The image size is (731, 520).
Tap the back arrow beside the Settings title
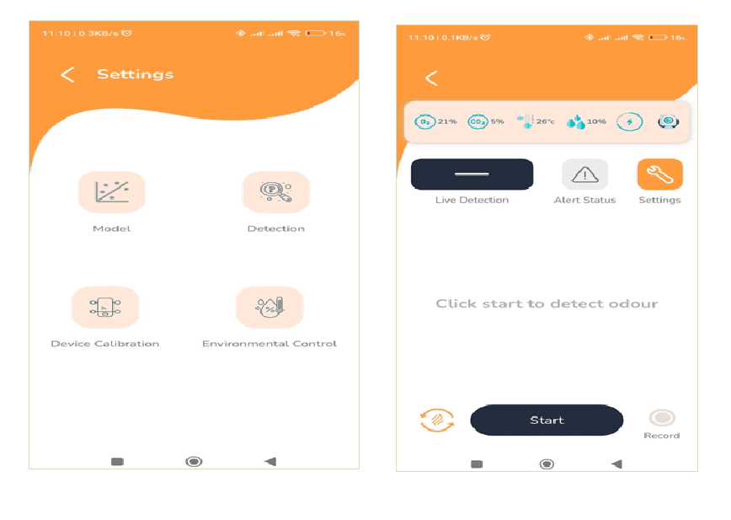(67, 75)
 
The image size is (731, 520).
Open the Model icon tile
(112, 192)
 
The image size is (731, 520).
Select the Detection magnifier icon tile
(276, 192)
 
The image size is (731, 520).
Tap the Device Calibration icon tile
(105, 308)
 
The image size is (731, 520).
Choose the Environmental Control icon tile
(269, 308)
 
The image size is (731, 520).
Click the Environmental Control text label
(269, 344)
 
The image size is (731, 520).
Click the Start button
(547, 421)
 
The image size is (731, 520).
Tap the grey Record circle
(662, 418)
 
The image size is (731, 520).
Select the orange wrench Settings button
(659, 174)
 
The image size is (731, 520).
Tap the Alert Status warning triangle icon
(584, 174)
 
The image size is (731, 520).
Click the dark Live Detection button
(472, 174)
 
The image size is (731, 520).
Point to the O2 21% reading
(435, 121)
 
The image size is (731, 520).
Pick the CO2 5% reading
(486, 121)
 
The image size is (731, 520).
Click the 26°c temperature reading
(536, 121)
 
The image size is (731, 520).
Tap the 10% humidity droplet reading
(586, 122)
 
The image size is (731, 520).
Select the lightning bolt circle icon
(629, 121)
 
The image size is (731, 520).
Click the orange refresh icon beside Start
(437, 421)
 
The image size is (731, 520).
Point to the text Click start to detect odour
(547, 304)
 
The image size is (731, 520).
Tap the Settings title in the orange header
(136, 74)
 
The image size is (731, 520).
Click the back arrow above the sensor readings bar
(432, 78)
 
